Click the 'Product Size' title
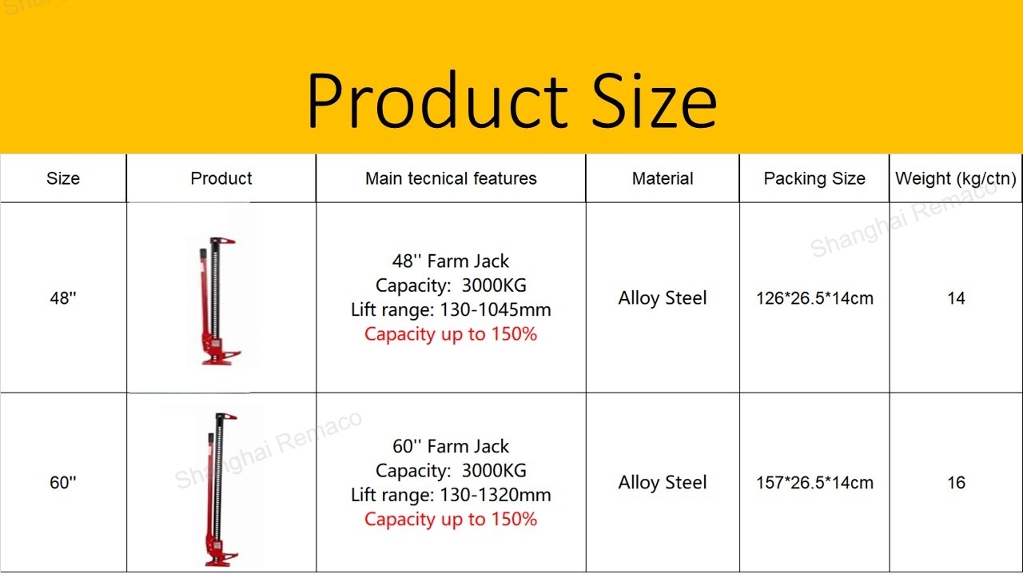[x=512, y=99]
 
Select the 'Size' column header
[x=63, y=178]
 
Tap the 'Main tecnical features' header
[x=451, y=178]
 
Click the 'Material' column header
[x=663, y=178]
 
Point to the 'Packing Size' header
[x=814, y=178]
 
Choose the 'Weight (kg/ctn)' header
[x=956, y=178]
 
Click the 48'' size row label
[x=63, y=298]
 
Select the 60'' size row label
[x=63, y=482]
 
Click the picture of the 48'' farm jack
[x=218, y=301]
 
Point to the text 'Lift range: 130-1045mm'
[x=451, y=309]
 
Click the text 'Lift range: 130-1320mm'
[x=451, y=495]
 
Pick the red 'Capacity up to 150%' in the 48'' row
[x=450, y=334]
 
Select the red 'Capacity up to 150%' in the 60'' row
[x=450, y=519]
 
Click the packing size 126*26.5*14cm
[x=814, y=298]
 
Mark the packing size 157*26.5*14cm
[x=814, y=483]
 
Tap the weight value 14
[x=956, y=298]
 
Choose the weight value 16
[x=956, y=483]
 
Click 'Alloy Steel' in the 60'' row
[x=663, y=482]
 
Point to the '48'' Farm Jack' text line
[x=450, y=261]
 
